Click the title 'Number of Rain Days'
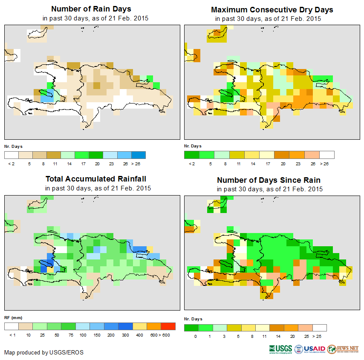point(91,9)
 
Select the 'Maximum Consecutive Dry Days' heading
point(272,9)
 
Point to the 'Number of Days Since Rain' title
point(269,180)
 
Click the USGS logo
point(280,349)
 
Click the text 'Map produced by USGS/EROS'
point(44,352)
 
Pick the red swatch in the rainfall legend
point(168,326)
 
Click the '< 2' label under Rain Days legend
point(12,164)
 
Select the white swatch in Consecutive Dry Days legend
point(327,155)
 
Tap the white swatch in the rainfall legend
point(12,326)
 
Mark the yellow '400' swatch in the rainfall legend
point(139,326)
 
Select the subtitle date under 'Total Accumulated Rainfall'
point(98,188)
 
